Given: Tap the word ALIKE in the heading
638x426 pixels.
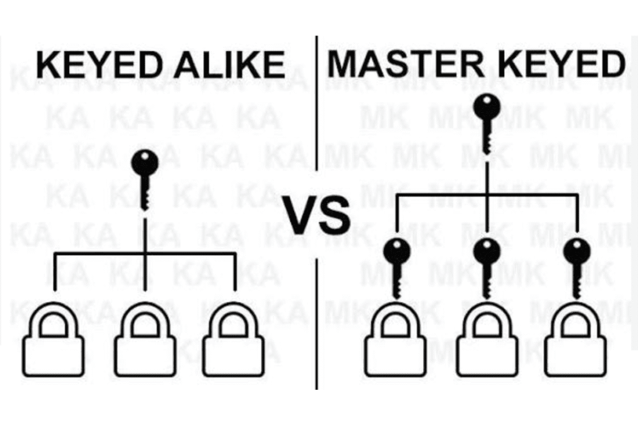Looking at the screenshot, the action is [229, 64].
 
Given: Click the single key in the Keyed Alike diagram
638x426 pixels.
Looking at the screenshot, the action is [145, 180].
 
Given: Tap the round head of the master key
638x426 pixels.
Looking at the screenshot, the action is [487, 107].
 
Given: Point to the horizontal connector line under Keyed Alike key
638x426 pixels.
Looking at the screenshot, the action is [145, 254].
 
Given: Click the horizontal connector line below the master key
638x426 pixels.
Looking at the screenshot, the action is [487, 195].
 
